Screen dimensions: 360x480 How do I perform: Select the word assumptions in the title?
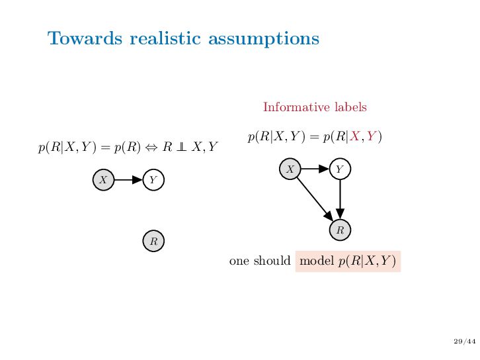coord(264,39)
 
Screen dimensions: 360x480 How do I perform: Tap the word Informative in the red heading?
coord(292,107)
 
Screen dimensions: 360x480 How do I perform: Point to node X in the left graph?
coord(103,179)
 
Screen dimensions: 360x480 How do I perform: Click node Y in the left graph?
coord(153,179)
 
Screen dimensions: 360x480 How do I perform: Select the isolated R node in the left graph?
coord(153,241)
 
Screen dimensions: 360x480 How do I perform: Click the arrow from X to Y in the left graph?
coord(128,179)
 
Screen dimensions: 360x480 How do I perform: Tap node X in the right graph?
coord(290,169)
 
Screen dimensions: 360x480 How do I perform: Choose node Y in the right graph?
coord(340,169)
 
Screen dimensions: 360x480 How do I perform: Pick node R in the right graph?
coord(340,230)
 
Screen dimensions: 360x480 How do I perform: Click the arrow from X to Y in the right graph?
coord(315,169)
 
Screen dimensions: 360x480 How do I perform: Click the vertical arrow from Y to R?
coord(340,199)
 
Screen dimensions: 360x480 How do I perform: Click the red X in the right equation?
coord(354,137)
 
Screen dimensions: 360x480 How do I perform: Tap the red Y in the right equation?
coord(372,137)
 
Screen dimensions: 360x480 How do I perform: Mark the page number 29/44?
coord(465,341)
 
